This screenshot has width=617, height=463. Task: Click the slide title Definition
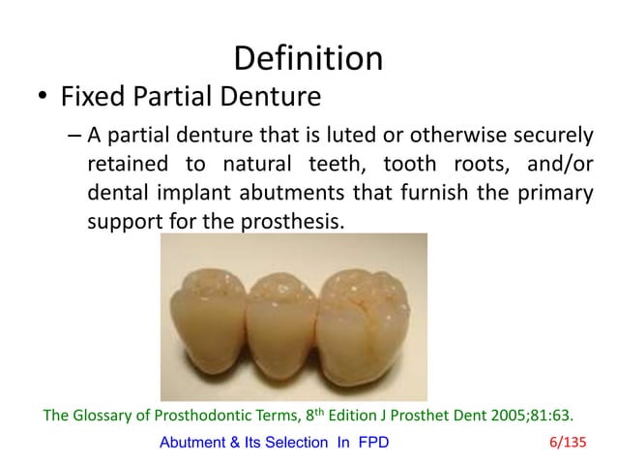coord(308,57)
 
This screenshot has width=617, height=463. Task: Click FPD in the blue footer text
coord(370,444)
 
